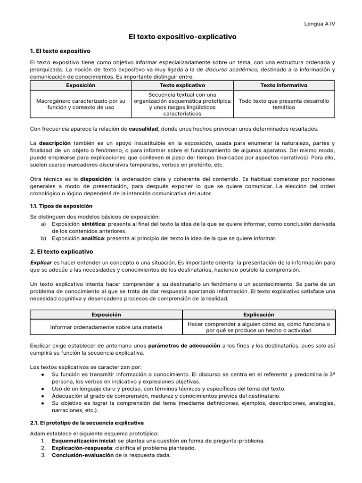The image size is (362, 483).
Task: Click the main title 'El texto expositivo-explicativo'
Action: [183, 36]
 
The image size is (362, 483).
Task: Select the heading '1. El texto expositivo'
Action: [60, 50]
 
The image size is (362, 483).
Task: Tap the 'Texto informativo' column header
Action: [284, 85]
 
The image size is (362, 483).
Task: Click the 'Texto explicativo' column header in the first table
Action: [182, 85]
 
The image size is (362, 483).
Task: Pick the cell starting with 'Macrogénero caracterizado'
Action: [81, 104]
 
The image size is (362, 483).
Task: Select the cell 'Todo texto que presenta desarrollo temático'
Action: [284, 104]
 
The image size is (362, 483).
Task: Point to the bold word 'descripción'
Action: [55, 143]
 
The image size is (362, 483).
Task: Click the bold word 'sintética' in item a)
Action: [94, 224]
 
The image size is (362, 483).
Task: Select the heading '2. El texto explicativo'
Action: [61, 252]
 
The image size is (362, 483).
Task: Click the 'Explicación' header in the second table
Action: [258, 315]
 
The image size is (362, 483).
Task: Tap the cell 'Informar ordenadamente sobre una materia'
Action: [106, 327]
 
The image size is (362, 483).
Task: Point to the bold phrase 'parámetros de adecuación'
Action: [183, 346]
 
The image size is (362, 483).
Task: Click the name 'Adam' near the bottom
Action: [38, 433]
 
